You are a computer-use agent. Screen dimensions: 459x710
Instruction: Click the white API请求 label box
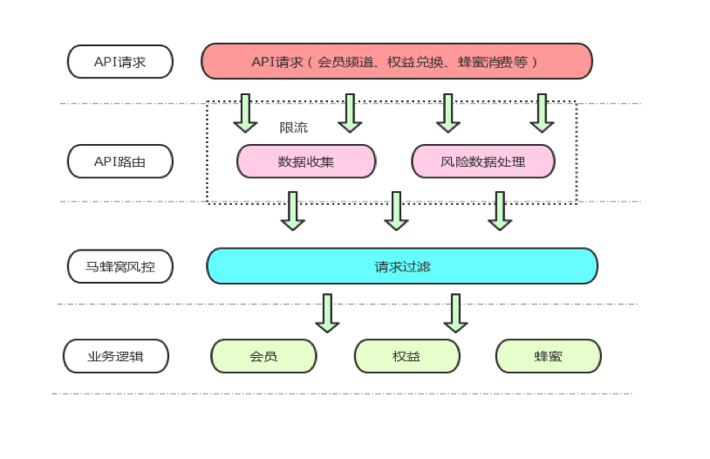pyautogui.click(x=120, y=62)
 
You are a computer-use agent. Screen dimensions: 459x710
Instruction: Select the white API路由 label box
pyautogui.click(x=120, y=161)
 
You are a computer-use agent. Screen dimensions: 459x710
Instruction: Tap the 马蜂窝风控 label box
pyautogui.click(x=120, y=266)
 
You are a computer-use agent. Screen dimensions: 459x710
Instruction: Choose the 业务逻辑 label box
pyautogui.click(x=116, y=356)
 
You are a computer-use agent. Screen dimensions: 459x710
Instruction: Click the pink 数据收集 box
pyautogui.click(x=306, y=161)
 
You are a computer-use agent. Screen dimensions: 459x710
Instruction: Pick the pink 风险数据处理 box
pyautogui.click(x=483, y=161)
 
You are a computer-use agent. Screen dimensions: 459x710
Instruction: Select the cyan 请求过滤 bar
pyautogui.click(x=402, y=266)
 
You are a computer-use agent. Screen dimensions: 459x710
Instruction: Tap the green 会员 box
pyautogui.click(x=263, y=356)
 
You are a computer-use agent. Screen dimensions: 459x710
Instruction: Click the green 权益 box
pyautogui.click(x=406, y=356)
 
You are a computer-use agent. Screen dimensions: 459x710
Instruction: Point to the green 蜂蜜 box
pyautogui.click(x=548, y=356)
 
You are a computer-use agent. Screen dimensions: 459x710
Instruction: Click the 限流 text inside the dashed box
pyautogui.click(x=293, y=127)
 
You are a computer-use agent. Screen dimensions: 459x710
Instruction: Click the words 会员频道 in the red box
pyautogui.click(x=345, y=62)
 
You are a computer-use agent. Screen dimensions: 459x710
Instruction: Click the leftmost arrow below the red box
pyautogui.click(x=245, y=113)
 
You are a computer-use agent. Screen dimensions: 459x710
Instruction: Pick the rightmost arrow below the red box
pyautogui.click(x=542, y=113)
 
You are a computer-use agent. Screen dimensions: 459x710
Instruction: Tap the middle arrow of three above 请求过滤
pyautogui.click(x=397, y=210)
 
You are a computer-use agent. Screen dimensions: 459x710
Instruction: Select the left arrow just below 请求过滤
pyautogui.click(x=327, y=312)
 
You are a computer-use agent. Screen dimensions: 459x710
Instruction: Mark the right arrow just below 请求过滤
pyautogui.click(x=455, y=312)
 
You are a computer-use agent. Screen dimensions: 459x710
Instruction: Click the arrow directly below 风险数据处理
pyautogui.click(x=500, y=210)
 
